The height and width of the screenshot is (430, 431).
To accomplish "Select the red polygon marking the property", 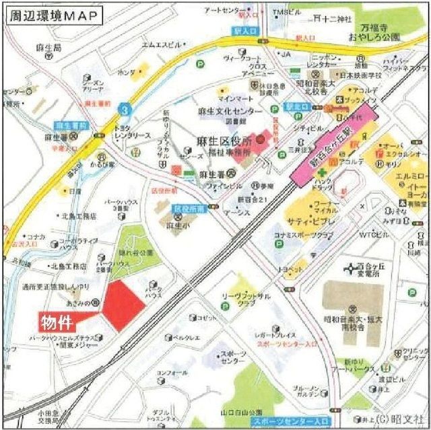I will point(121,304).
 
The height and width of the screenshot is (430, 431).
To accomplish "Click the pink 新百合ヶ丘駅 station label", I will point(334,141).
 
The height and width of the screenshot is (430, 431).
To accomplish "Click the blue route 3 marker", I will point(123,108).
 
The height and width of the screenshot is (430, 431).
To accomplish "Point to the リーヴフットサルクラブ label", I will point(248,299).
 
